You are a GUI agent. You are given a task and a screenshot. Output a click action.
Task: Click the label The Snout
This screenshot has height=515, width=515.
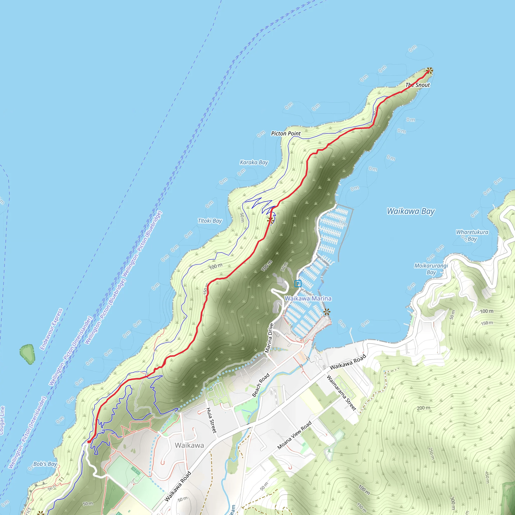pyautogui.click(x=417, y=85)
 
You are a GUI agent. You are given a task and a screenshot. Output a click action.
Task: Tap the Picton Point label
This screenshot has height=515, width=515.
pyautogui.click(x=286, y=134)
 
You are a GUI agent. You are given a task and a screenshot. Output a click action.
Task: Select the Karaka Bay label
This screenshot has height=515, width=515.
pyautogui.click(x=254, y=162)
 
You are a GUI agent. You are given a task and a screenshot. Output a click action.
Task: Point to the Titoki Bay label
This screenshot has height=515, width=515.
pyautogui.click(x=210, y=221)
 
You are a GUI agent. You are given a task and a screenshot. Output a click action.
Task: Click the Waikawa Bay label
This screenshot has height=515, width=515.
pyautogui.click(x=411, y=211)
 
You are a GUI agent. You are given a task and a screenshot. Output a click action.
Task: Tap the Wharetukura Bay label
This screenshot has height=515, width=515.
pyautogui.click(x=472, y=235)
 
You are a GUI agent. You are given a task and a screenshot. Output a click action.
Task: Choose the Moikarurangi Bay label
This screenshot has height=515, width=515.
pyautogui.click(x=431, y=269)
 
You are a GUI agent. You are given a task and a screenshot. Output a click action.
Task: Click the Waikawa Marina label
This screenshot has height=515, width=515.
pyautogui.click(x=308, y=298)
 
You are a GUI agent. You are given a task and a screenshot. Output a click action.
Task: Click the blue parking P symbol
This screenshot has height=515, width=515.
pyautogui.click(x=298, y=284)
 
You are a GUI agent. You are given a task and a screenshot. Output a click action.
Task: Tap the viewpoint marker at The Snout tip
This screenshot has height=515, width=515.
pyautogui.click(x=429, y=71)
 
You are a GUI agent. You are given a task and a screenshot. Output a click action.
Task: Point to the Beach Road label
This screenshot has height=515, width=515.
pyautogui.click(x=261, y=385)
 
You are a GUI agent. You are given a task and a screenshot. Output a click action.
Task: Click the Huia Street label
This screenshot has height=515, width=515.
pyautogui.click(x=212, y=420)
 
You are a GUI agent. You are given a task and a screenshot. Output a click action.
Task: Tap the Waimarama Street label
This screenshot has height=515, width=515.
pyautogui.click(x=341, y=393)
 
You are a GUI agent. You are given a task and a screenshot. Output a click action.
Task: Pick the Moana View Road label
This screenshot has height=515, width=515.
pyautogui.click(x=294, y=435)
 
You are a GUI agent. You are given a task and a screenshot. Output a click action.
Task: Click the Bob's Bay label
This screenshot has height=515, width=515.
pyautogui.click(x=45, y=464)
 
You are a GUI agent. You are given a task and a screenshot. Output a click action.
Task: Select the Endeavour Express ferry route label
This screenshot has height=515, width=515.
pyautogui.click(x=51, y=329)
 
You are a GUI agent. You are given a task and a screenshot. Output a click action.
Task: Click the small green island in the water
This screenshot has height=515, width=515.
pyautogui.click(x=27, y=354)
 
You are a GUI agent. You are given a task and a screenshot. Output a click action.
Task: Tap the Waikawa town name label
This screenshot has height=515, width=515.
pyautogui.click(x=189, y=445)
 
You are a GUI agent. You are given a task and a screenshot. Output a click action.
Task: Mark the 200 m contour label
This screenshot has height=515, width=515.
pyautogui.click(x=423, y=408)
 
